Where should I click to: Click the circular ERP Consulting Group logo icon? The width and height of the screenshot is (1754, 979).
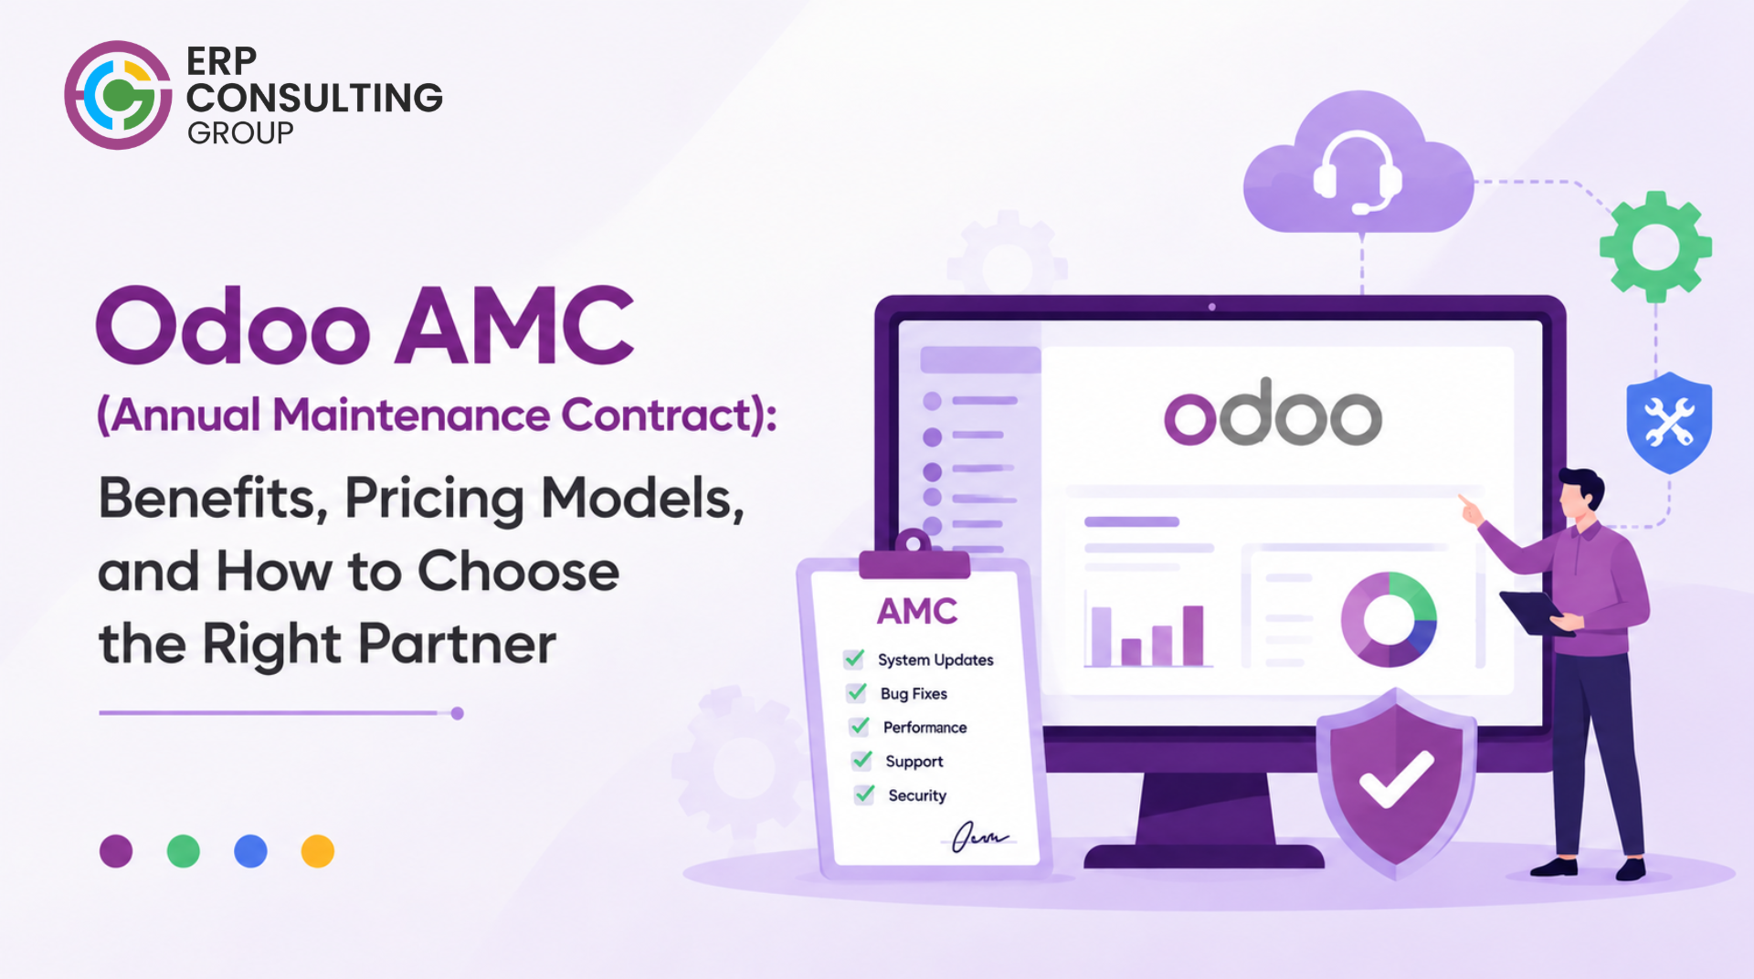coord(118,95)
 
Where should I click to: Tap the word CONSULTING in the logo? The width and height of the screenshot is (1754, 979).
coord(314,98)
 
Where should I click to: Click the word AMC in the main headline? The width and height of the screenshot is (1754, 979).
coord(514,326)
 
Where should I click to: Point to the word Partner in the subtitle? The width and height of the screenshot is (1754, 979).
coord(457,644)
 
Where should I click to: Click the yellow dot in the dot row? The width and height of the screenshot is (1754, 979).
coord(318,851)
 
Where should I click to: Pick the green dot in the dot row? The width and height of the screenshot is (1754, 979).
coord(184,851)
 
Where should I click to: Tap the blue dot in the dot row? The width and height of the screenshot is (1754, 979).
coord(250,851)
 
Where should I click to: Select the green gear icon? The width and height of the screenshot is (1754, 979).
coord(1655,247)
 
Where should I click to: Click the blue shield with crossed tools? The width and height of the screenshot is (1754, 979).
coord(1669,422)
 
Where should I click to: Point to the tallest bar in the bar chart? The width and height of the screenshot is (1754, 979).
coord(1193,636)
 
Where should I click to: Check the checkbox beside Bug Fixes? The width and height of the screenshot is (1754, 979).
coord(856,693)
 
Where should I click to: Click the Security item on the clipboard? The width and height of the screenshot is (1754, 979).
coord(917,795)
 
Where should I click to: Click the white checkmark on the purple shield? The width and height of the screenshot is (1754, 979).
coord(1396,779)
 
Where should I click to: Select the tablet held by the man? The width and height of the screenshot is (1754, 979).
coord(1537,613)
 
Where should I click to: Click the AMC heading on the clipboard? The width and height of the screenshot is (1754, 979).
coord(917,611)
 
